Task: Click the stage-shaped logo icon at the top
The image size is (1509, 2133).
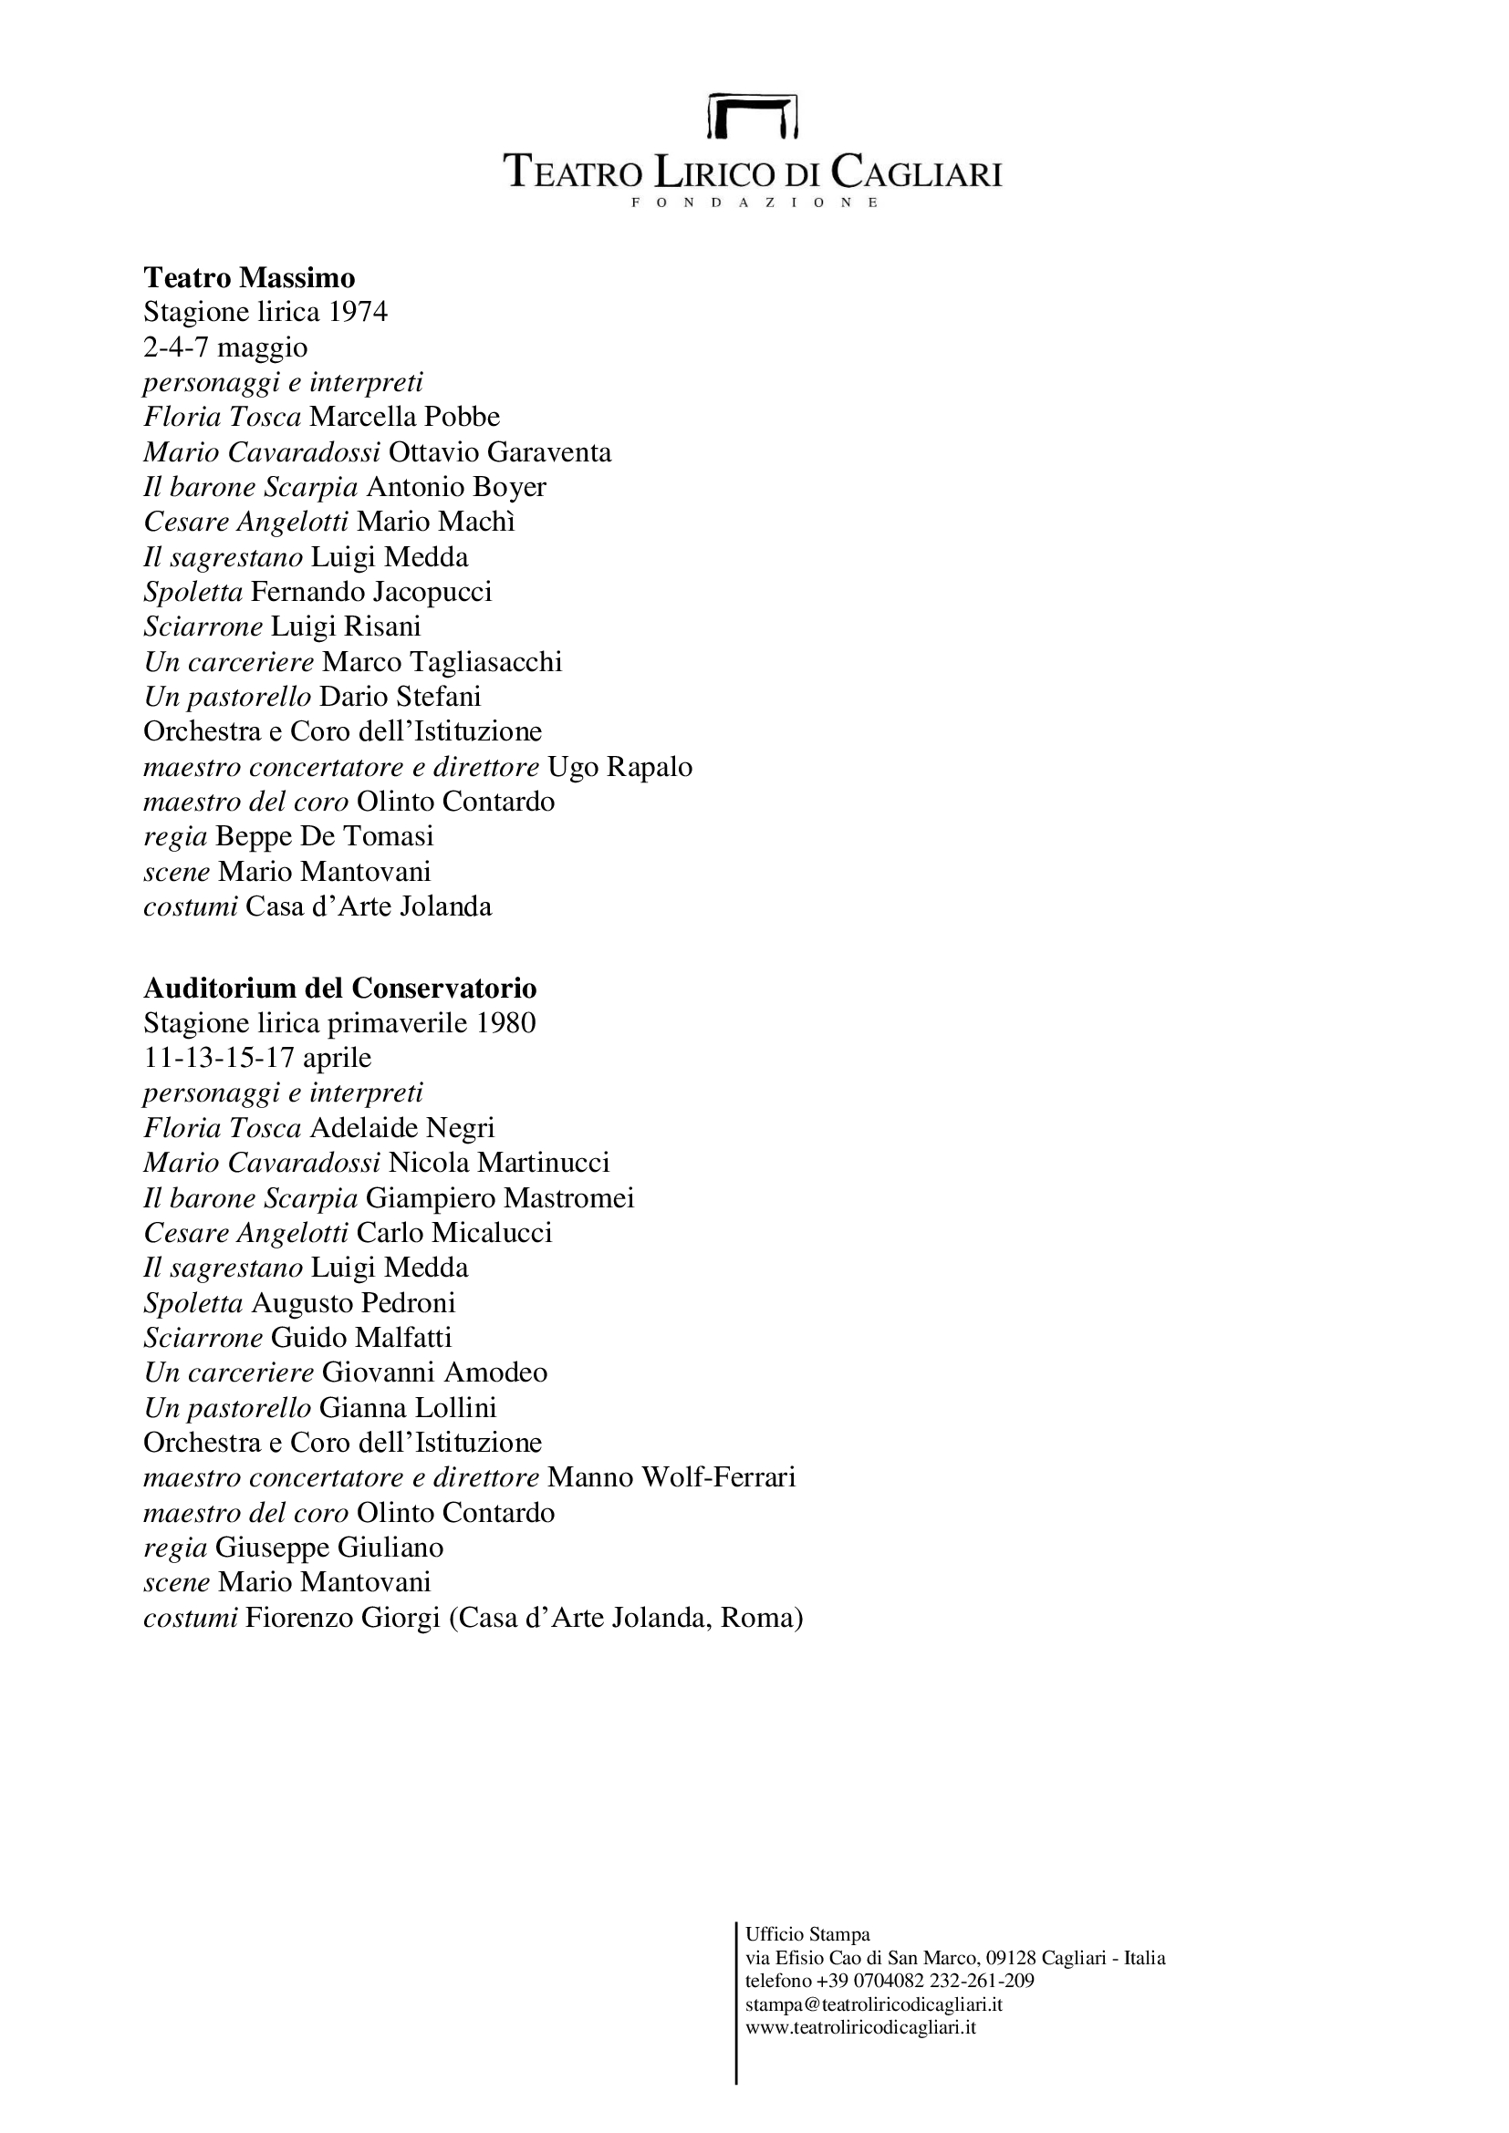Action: pyautogui.click(x=753, y=115)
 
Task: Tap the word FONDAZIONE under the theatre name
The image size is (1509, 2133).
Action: pyautogui.click(x=754, y=202)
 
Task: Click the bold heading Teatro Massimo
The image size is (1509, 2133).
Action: pyautogui.click(x=249, y=277)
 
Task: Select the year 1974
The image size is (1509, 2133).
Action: pyautogui.click(x=358, y=312)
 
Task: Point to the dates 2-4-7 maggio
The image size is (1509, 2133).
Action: pyautogui.click(x=224, y=347)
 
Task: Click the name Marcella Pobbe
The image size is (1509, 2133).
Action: pyautogui.click(x=404, y=417)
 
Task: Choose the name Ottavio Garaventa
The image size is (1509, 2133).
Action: pyautogui.click(x=500, y=452)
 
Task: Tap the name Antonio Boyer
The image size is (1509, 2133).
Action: pyautogui.click(x=456, y=487)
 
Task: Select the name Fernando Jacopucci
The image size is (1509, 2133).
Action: pyautogui.click(x=370, y=592)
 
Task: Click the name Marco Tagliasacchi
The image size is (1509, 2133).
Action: pyautogui.click(x=442, y=661)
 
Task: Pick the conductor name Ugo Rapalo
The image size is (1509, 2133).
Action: pyautogui.click(x=619, y=767)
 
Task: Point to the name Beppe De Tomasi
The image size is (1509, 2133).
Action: pyautogui.click(x=324, y=837)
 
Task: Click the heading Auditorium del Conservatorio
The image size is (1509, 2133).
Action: pyautogui.click(x=340, y=988)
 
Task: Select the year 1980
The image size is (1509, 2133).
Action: pyautogui.click(x=505, y=1023)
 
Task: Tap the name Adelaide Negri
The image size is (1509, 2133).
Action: pyautogui.click(x=401, y=1128)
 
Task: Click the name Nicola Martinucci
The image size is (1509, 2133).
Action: pyautogui.click(x=499, y=1163)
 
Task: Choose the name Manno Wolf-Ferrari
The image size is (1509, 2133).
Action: pyautogui.click(x=671, y=1477)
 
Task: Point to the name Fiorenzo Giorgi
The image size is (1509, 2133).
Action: pyautogui.click(x=342, y=1619)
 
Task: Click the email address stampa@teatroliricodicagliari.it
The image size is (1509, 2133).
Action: pyautogui.click(x=873, y=2004)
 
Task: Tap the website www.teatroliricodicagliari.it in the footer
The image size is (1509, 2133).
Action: pyautogui.click(x=860, y=2027)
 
